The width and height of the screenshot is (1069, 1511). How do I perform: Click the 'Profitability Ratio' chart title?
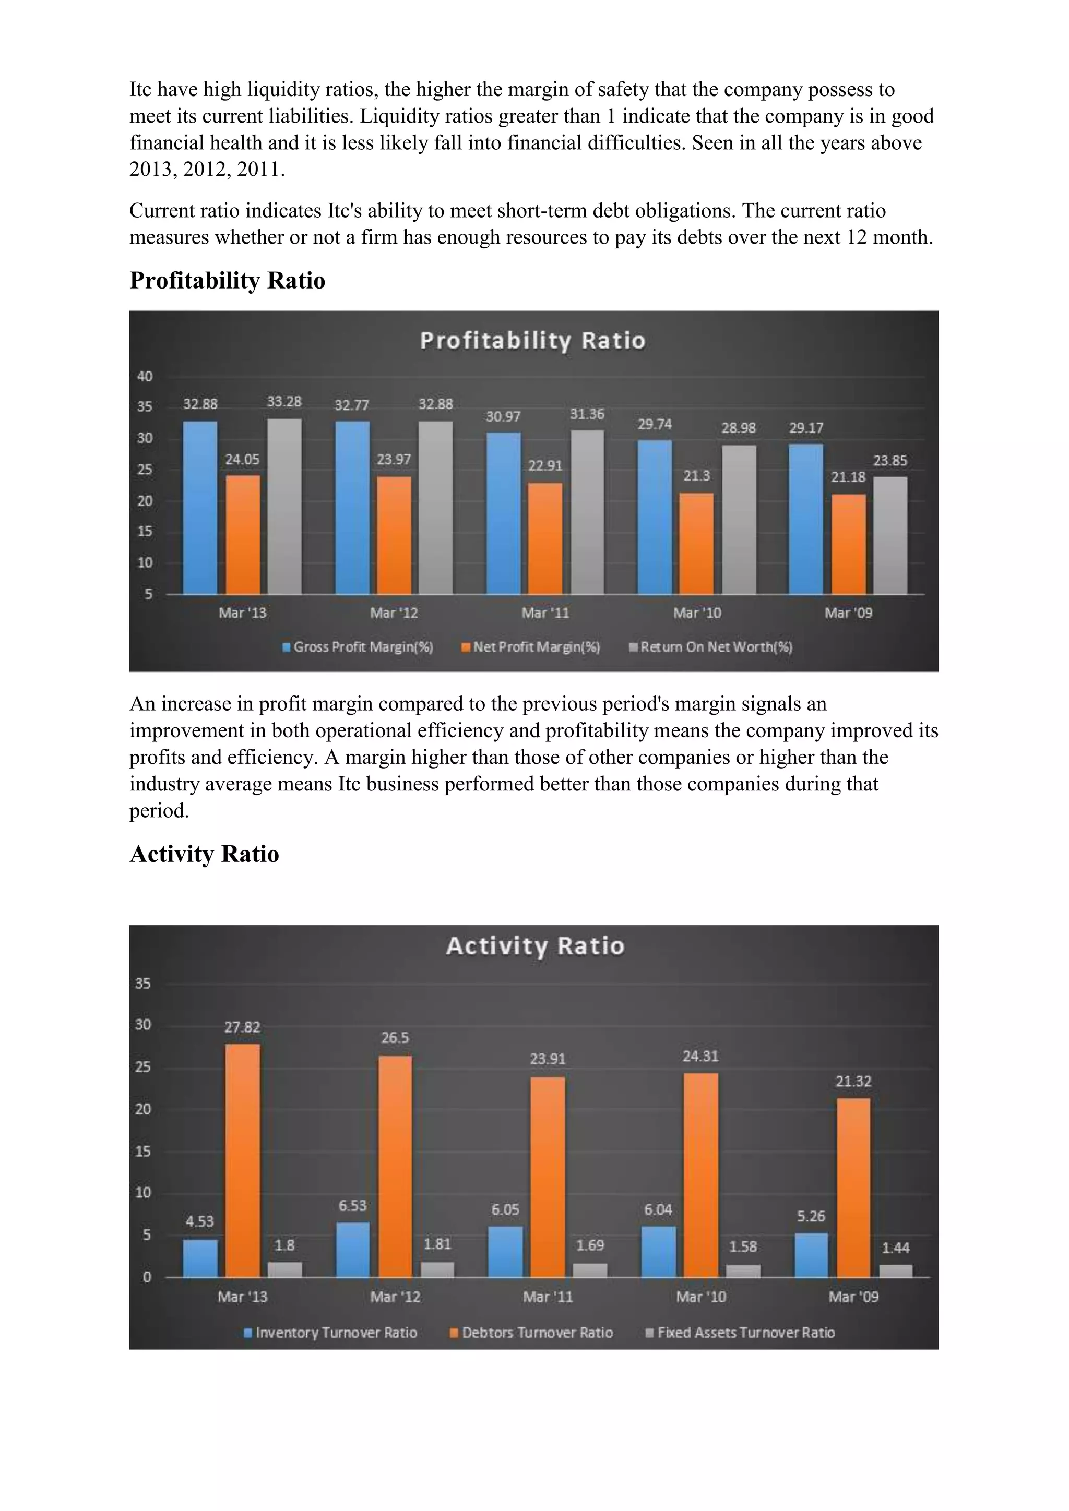(532, 341)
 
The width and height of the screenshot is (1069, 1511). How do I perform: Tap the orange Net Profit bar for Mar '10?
(696, 544)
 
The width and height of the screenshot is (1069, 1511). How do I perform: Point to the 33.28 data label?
(284, 401)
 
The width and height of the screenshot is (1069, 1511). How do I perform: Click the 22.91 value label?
(545, 466)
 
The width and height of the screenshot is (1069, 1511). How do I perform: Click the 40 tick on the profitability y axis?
(144, 376)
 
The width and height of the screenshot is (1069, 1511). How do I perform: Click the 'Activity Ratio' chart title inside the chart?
(534, 946)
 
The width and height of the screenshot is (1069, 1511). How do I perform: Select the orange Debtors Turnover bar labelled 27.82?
(242, 1159)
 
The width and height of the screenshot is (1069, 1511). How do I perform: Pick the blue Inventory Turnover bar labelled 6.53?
(352, 1250)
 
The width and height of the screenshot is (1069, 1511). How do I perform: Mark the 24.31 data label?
(700, 1056)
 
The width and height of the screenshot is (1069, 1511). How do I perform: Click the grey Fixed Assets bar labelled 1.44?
(896, 1270)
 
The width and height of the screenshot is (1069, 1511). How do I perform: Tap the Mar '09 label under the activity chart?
(853, 1297)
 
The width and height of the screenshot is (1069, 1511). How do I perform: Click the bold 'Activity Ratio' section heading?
(204, 854)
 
